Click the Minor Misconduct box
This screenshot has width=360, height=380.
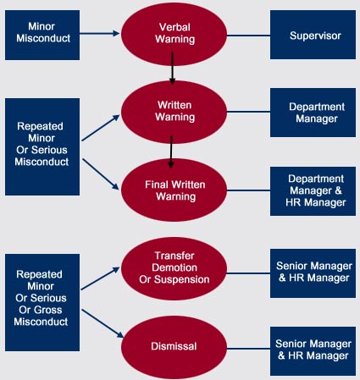[42, 35]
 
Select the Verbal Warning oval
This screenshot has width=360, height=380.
[174, 35]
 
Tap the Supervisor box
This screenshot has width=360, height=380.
[313, 35]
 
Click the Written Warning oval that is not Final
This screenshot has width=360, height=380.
[174, 112]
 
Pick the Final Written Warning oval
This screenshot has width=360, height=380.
[174, 190]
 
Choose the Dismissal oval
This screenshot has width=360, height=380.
[174, 347]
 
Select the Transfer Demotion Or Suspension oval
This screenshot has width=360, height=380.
[174, 268]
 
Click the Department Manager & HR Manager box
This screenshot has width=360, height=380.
[313, 191]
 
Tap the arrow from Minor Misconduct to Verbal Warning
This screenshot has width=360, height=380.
[100, 34]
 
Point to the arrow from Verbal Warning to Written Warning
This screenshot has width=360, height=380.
[172, 69]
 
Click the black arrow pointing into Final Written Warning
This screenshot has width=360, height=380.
[171, 152]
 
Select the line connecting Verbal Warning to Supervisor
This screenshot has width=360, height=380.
[248, 36]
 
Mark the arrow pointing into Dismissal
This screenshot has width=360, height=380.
[102, 323]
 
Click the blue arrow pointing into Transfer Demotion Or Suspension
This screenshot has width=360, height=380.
[101, 278]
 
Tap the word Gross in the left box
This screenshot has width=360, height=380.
[41, 310]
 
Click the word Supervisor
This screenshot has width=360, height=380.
[315, 36]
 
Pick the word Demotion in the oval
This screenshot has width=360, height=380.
[174, 267]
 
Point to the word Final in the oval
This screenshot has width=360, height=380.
[155, 184]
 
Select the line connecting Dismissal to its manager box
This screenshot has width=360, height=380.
[248, 349]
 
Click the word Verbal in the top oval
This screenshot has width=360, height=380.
[174, 27]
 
